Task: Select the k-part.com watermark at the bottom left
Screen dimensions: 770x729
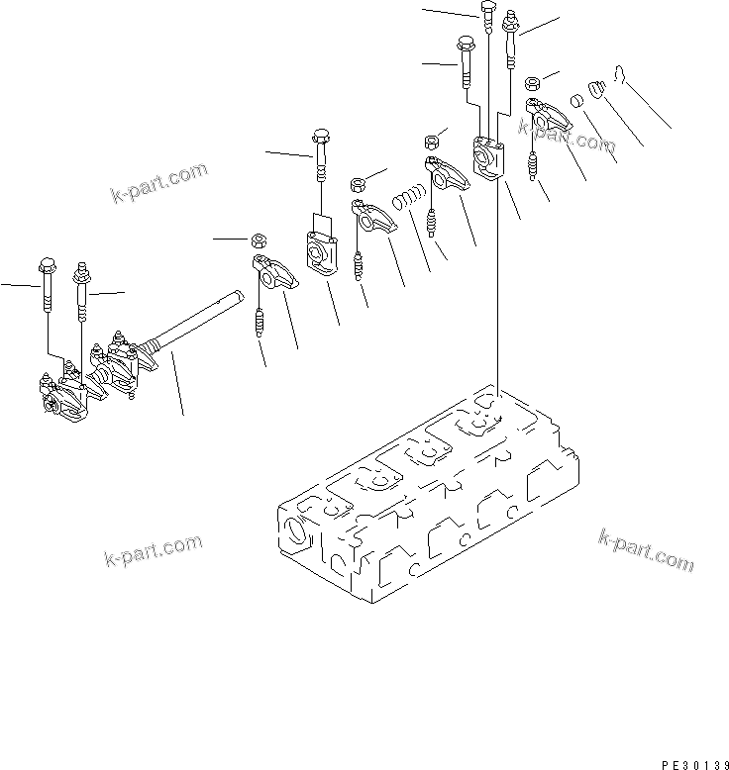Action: (x=153, y=552)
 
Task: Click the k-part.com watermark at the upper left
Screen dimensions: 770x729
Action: (x=158, y=182)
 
